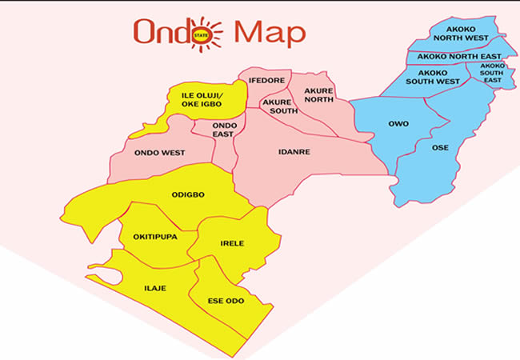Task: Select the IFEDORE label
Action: click(266, 82)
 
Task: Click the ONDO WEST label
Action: click(159, 152)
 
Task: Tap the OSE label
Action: click(440, 147)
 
